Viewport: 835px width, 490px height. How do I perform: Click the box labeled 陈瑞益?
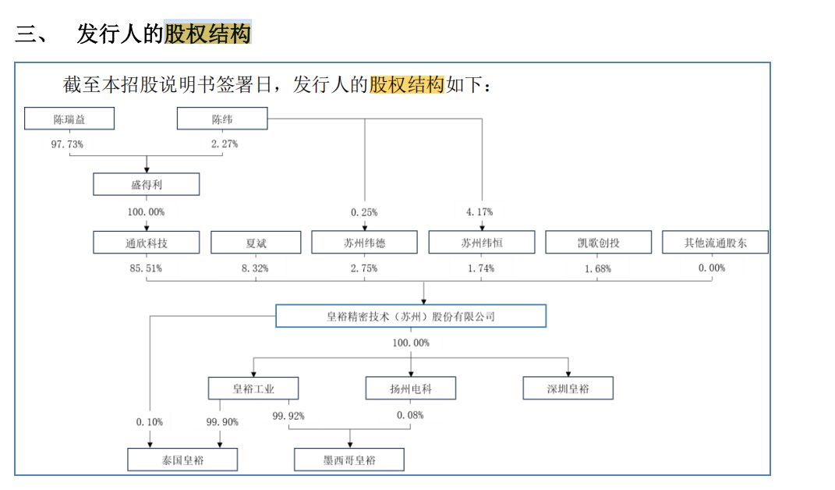(69, 119)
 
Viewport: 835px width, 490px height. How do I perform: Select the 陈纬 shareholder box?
(222, 119)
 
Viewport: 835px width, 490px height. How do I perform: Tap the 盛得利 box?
(147, 184)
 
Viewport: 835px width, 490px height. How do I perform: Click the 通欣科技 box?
(147, 243)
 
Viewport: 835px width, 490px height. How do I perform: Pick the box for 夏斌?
(256, 243)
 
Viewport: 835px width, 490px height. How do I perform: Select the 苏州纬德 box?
(365, 243)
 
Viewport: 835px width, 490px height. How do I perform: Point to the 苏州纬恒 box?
(482, 243)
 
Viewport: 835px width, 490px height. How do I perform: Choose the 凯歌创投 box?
(598, 243)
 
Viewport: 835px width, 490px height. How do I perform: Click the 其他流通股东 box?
(715, 243)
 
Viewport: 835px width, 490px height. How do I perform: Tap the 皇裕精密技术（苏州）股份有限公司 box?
(411, 316)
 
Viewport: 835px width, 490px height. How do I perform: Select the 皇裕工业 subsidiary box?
(253, 388)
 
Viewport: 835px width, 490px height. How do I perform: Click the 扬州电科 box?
(411, 388)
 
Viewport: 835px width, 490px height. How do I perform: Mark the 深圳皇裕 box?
(568, 388)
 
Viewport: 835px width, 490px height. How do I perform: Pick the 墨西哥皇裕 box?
(349, 460)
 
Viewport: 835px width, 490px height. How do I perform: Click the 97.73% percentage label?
(67, 144)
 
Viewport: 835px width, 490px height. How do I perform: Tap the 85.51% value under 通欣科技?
(145, 268)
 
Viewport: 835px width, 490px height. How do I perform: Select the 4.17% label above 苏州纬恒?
(479, 212)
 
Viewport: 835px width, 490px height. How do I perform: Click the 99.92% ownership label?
(288, 416)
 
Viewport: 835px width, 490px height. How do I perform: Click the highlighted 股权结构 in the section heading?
(207, 34)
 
